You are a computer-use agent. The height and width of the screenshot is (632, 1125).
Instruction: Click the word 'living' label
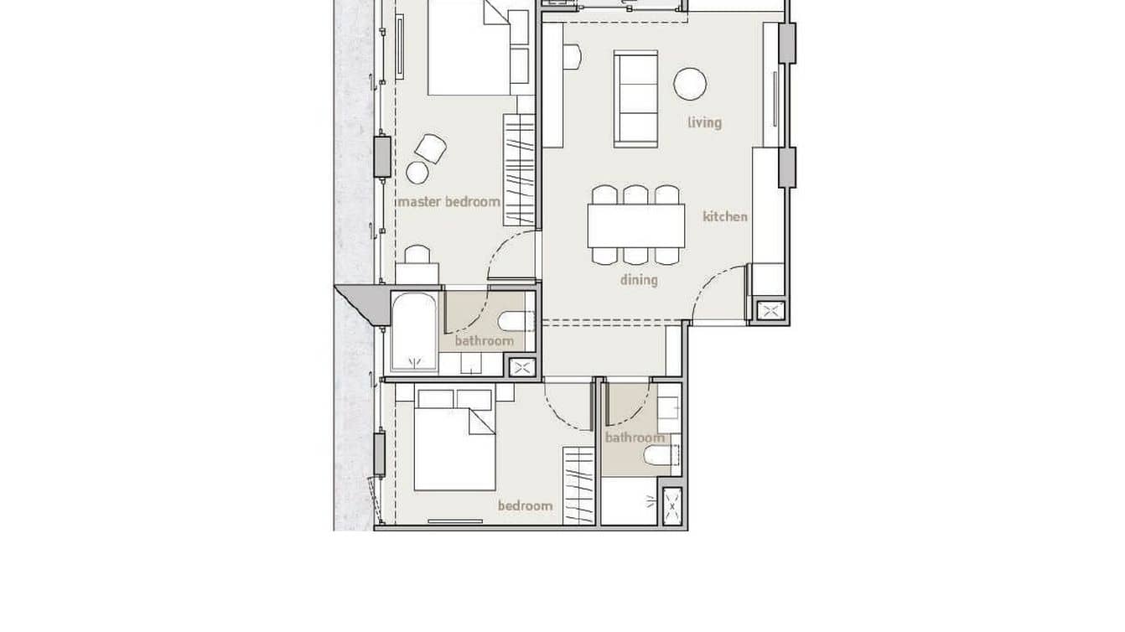click(x=704, y=122)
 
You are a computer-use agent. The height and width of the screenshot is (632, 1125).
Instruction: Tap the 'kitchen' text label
click(x=724, y=216)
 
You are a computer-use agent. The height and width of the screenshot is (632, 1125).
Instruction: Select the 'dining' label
click(x=639, y=280)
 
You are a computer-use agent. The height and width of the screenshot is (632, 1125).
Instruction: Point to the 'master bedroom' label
click(x=448, y=202)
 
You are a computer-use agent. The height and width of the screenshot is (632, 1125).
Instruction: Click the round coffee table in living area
click(x=690, y=84)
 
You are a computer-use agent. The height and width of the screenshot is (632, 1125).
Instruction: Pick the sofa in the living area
click(x=635, y=98)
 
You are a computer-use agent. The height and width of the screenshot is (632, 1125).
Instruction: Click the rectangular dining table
click(x=636, y=225)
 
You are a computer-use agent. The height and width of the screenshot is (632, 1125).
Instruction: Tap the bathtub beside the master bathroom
click(x=414, y=331)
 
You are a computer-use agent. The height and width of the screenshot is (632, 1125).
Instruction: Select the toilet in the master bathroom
click(x=512, y=321)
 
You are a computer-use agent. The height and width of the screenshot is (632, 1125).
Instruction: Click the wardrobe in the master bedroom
click(x=519, y=169)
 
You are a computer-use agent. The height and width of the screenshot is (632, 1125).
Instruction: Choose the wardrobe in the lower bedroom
click(x=578, y=486)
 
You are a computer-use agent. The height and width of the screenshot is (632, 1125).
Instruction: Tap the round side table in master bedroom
click(x=417, y=173)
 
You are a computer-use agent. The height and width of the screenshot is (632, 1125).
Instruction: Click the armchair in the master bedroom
click(x=431, y=148)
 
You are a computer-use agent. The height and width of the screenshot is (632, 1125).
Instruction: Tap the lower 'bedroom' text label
click(x=525, y=505)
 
